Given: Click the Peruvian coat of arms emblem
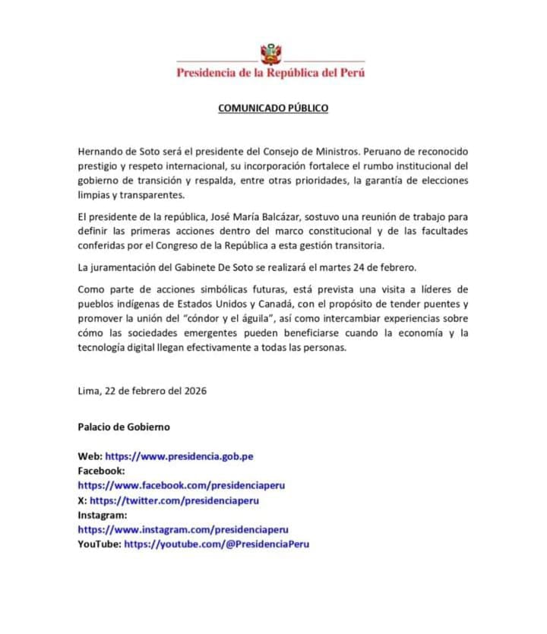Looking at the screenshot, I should [271, 55].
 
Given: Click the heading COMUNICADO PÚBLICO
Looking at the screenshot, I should [273, 108].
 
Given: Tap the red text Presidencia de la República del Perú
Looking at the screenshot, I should [270, 73].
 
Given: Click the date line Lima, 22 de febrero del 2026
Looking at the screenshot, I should [142, 391].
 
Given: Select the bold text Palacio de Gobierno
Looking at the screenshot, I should [124, 427].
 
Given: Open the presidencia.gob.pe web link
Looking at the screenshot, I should [179, 456].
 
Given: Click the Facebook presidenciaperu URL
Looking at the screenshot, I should [181, 485].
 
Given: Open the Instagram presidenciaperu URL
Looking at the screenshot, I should [183, 529].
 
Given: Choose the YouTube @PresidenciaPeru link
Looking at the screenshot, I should [217, 544].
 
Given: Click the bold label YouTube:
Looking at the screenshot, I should [99, 544].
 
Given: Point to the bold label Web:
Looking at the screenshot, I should [90, 456].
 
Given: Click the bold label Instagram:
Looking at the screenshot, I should [102, 515].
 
